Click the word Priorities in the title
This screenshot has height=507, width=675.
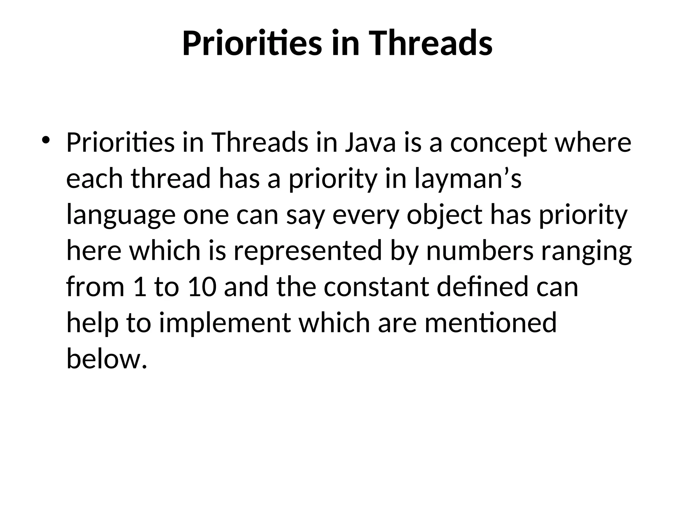pyautogui.click(x=252, y=44)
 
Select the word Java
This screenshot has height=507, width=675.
pyautogui.click(x=370, y=143)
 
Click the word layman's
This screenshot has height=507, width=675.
pyautogui.click(x=468, y=179)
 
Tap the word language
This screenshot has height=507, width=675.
pyautogui.click(x=121, y=215)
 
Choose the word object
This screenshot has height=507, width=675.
pyautogui.click(x=445, y=215)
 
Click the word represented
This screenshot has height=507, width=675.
pyautogui.click(x=308, y=251)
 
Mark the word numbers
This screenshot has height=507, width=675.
pyautogui.click(x=480, y=251)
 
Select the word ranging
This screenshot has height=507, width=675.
pyautogui.click(x=586, y=251)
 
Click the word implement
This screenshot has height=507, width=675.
pyautogui.click(x=225, y=322)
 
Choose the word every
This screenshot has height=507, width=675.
pyautogui.click(x=366, y=215)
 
